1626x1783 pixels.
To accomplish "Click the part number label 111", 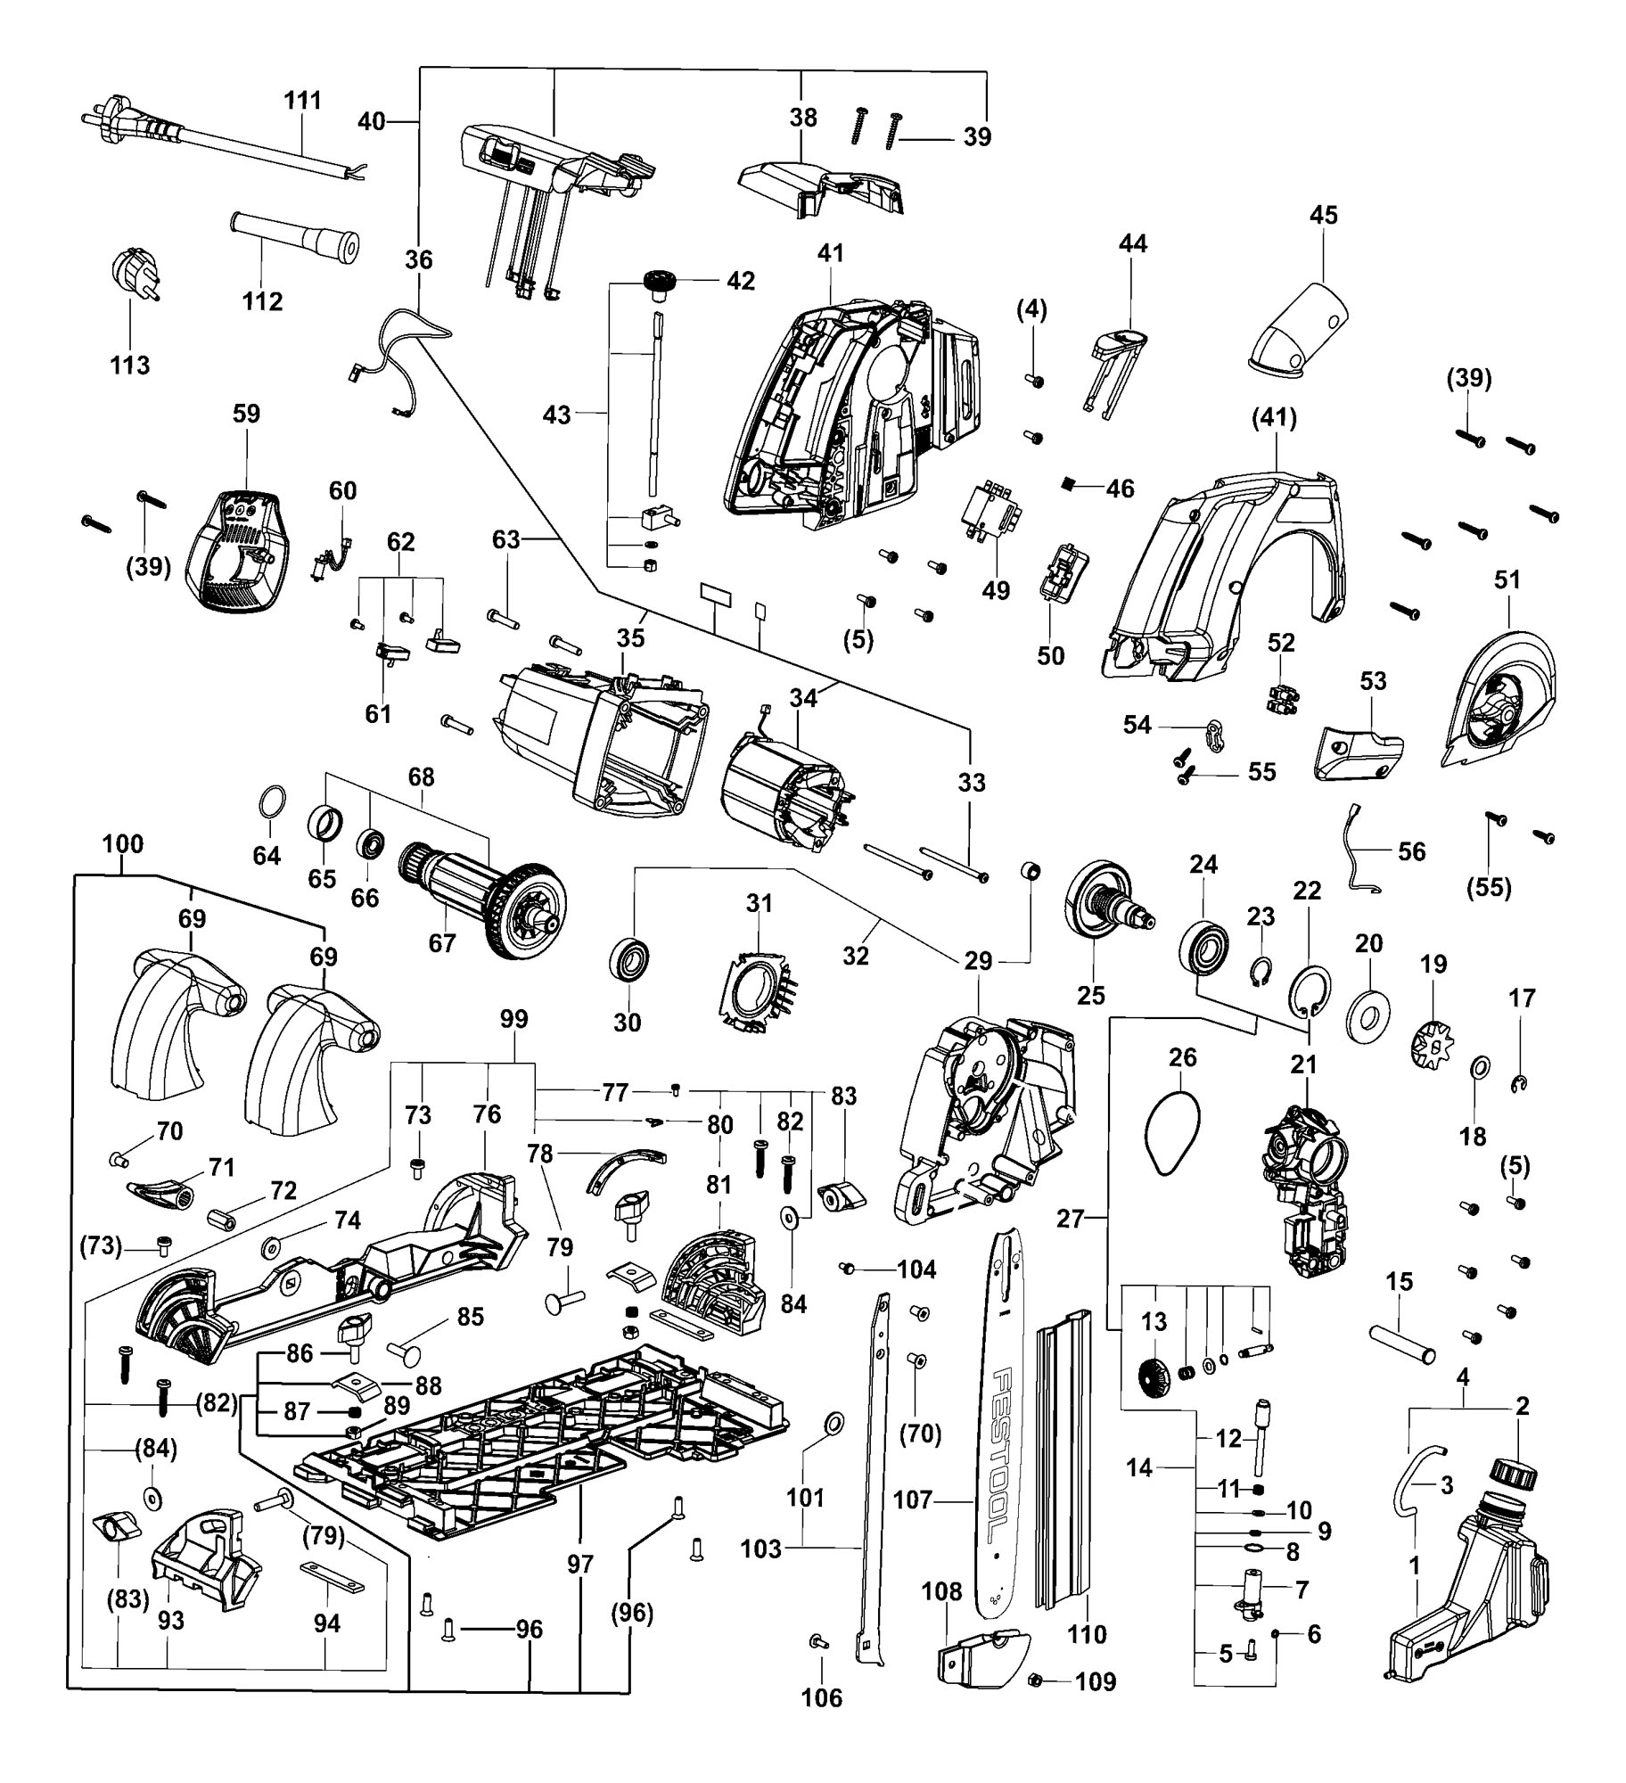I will coord(302,100).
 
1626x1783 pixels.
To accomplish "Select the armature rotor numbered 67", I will coord(482,900).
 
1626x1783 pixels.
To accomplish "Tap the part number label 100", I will coord(123,843).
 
